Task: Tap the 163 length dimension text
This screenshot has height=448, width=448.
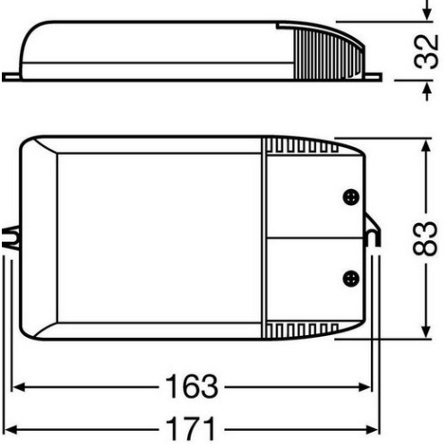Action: coord(192,387)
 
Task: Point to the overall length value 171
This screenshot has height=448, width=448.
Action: coord(192,425)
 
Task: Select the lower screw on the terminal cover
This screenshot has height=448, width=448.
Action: coord(351,278)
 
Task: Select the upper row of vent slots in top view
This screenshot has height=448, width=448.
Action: coord(296,145)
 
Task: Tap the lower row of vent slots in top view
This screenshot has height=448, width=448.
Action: coord(296,332)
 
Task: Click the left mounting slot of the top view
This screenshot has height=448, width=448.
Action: coord(11,238)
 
